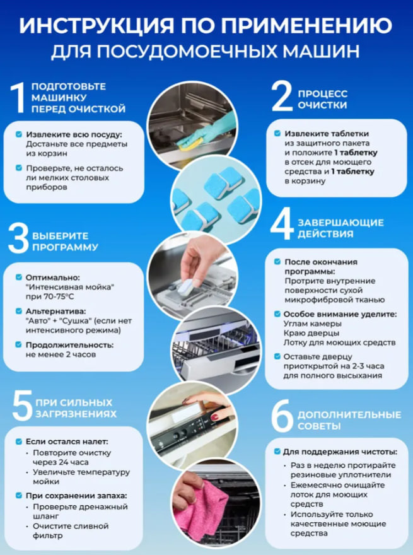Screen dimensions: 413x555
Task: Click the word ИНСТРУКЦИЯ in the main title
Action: tap(96, 25)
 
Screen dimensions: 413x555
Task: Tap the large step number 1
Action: tap(18, 98)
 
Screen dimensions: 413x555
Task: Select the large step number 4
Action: tap(282, 224)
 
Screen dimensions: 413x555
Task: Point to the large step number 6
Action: tap(282, 416)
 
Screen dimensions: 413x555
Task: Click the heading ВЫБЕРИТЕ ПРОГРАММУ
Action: tap(65, 242)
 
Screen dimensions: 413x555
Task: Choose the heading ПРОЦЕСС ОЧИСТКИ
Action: tap(322, 100)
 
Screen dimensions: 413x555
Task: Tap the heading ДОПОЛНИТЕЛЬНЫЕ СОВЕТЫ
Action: tap(349, 420)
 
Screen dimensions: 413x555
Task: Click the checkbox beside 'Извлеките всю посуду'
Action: tap(19, 134)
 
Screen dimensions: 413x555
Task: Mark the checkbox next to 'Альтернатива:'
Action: tap(19, 311)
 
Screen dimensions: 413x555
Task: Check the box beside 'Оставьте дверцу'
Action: tap(277, 356)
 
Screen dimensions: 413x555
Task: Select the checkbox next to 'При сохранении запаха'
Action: tap(19, 496)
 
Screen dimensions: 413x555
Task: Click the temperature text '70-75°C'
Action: tap(59, 296)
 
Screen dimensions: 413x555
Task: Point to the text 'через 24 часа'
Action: tap(61, 462)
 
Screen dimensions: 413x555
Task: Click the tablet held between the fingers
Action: tap(185, 286)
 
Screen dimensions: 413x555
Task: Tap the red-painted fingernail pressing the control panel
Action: tap(214, 417)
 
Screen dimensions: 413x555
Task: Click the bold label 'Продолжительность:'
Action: tap(69, 345)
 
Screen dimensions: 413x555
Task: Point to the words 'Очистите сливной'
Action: tap(71, 526)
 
